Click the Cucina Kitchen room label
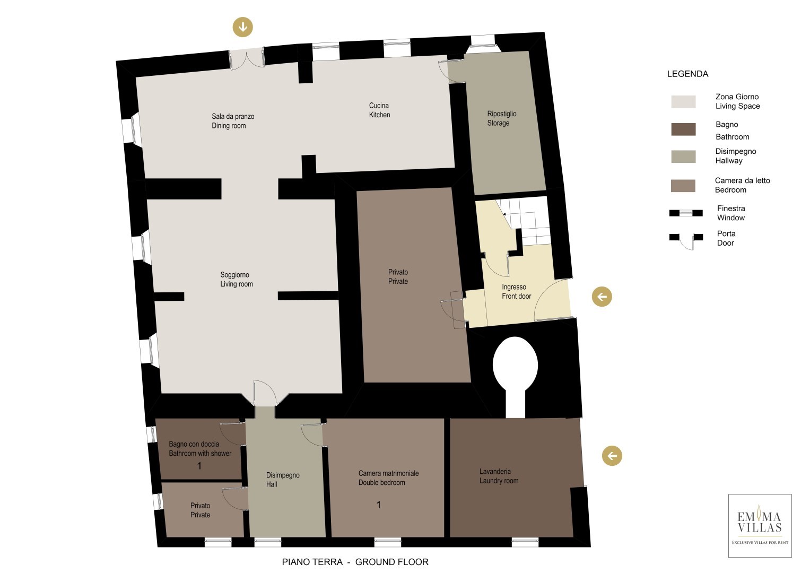(379, 110)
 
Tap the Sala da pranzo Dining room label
(233, 121)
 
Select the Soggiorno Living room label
(237, 279)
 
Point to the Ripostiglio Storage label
(502, 118)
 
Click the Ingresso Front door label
(516, 292)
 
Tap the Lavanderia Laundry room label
(499, 476)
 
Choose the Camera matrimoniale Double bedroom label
(388, 478)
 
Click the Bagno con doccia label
(194, 444)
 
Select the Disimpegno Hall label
(283, 480)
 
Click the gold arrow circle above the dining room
(242, 27)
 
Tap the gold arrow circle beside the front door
(602, 297)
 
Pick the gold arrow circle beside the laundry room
(612, 455)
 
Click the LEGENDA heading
(687, 74)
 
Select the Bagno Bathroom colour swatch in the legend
(683, 129)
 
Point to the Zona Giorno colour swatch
(683, 102)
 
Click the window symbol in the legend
(685, 213)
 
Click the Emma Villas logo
(760, 526)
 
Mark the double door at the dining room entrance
(247, 59)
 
